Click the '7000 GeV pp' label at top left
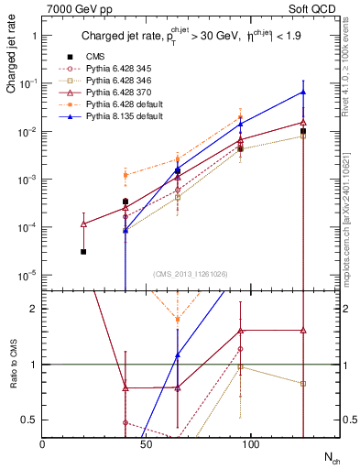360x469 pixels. coord(75,9)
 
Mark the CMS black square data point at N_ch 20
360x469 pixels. coord(83,251)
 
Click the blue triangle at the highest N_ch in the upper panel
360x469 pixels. coord(303,93)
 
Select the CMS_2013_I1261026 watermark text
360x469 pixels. coord(190,274)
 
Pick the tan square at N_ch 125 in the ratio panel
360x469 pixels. coord(303,383)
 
